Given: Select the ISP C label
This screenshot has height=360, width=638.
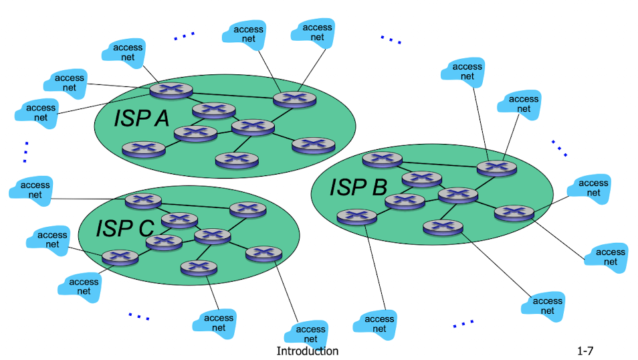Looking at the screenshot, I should tap(125, 228).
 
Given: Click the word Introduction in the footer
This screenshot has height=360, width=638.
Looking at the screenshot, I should tap(308, 351).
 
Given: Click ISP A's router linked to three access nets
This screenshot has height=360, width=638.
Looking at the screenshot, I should tap(171, 89).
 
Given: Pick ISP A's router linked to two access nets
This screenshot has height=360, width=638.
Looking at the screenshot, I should tap(294, 99).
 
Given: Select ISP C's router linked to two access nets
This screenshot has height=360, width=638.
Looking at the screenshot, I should tap(120, 256).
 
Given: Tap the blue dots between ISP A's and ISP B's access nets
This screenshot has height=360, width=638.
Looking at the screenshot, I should tap(391, 40).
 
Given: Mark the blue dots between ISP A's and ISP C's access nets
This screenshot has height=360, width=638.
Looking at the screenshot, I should tap(25, 152).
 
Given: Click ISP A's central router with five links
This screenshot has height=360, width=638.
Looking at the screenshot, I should tap(253, 126).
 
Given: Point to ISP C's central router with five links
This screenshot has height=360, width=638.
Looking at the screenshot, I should tap(213, 236).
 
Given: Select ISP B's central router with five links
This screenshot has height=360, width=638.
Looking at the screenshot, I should tap(457, 195).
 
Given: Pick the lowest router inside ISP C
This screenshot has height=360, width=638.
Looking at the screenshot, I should tap(199, 268).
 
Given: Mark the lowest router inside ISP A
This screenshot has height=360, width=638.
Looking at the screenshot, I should tap(237, 159).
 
